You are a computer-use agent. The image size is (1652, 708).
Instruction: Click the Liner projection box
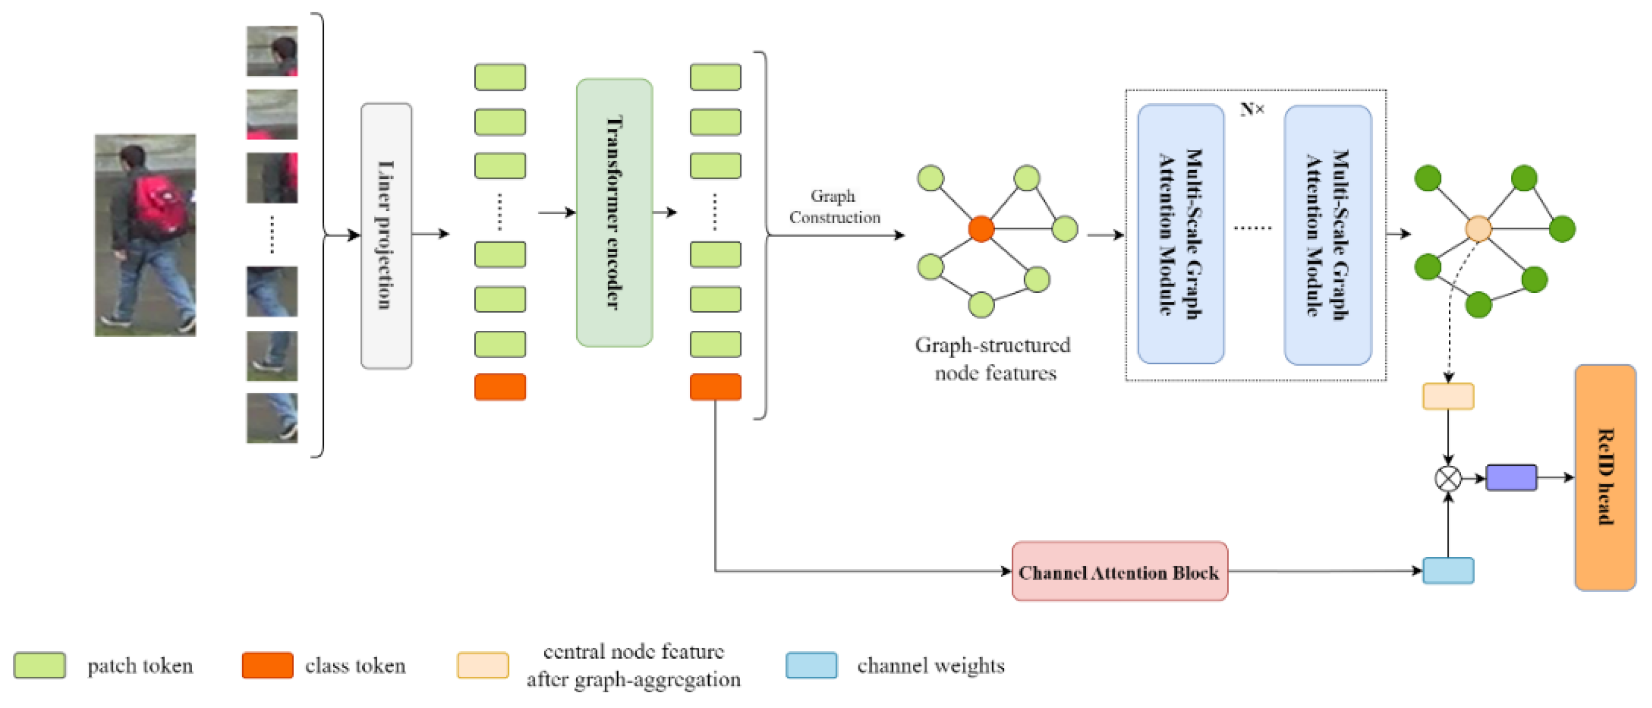386,235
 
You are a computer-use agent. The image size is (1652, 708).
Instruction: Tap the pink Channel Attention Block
1119,571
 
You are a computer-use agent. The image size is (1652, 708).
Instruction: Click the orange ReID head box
1605,477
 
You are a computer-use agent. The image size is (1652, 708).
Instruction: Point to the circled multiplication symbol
1447,478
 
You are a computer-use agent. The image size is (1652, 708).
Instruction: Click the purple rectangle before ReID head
1511,478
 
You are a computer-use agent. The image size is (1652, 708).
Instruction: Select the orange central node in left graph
981,228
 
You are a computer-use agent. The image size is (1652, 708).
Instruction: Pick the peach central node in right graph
1478,228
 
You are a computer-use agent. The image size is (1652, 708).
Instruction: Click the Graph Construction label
834,206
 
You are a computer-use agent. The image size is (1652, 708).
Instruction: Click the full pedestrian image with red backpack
145,235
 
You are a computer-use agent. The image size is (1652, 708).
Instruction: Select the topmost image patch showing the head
272,51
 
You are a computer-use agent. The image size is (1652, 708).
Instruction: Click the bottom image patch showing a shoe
272,417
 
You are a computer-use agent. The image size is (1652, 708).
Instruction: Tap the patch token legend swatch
39,665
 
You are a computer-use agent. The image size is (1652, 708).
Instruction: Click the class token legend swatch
267,665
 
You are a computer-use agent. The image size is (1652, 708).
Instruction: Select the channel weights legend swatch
811,665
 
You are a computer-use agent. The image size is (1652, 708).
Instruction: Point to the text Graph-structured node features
993,359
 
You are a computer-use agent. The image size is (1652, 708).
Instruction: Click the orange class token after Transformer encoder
715,387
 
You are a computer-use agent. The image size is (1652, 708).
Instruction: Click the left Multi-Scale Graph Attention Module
1180,234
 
